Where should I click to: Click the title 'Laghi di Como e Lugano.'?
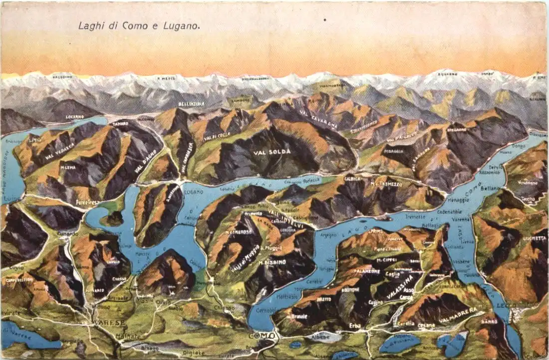click(139, 25)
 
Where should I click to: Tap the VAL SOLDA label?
click(272, 152)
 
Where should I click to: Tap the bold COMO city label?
click(263, 336)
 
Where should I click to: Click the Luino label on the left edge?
click(9, 199)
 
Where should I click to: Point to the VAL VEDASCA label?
click(60, 149)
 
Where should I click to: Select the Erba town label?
click(355, 326)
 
